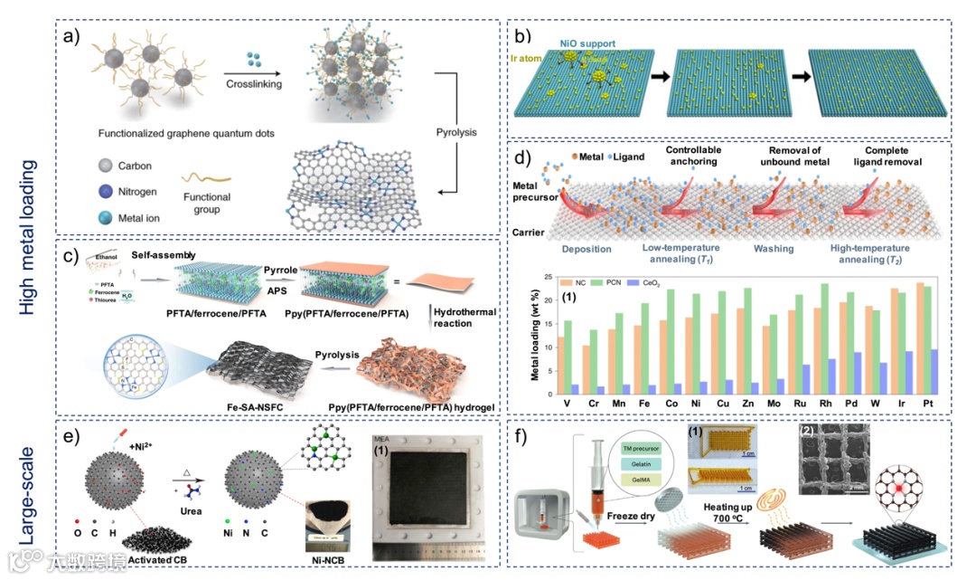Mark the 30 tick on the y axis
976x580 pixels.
pos(548,276)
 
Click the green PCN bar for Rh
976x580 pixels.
pos(824,339)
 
